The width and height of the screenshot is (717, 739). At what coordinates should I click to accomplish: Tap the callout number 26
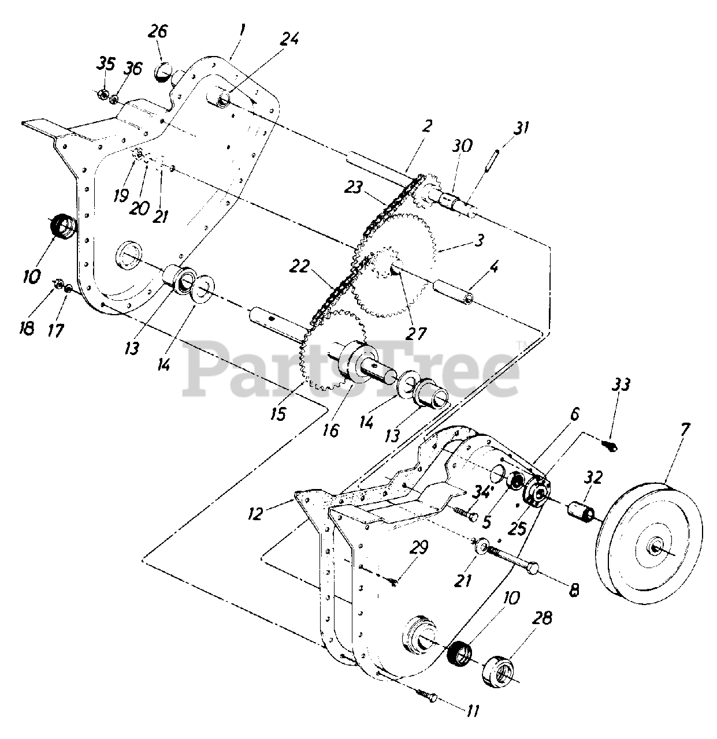(158, 32)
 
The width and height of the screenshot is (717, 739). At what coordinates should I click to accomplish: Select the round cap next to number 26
(164, 73)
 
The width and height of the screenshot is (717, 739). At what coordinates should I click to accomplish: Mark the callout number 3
(479, 240)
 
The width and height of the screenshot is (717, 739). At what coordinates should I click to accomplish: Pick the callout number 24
(289, 39)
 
